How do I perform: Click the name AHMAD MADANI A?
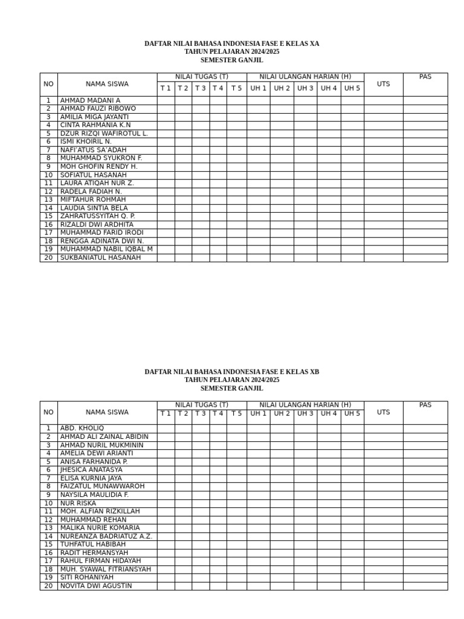(x=90, y=100)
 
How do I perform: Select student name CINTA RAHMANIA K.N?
(x=95, y=125)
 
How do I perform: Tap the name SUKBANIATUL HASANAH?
(x=100, y=258)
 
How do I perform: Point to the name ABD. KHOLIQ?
(x=82, y=429)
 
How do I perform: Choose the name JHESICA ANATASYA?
(x=91, y=470)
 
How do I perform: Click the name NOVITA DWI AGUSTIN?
(x=96, y=586)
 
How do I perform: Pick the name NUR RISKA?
(x=78, y=503)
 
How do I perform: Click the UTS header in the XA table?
(x=383, y=84)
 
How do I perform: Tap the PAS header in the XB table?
(x=425, y=405)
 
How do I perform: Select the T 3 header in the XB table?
(x=201, y=413)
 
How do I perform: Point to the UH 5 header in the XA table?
(x=352, y=88)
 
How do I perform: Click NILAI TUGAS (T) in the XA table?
(x=202, y=76)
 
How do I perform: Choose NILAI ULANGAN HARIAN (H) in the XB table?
(x=305, y=404)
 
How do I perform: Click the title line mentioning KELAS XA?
(x=232, y=44)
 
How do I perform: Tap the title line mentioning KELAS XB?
(x=232, y=372)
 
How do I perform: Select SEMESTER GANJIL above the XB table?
(x=232, y=389)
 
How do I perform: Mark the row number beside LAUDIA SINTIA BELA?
(x=48, y=208)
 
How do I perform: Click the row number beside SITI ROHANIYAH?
(x=48, y=577)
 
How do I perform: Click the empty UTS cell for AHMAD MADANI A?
(x=383, y=100)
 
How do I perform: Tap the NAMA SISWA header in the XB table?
(x=107, y=412)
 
